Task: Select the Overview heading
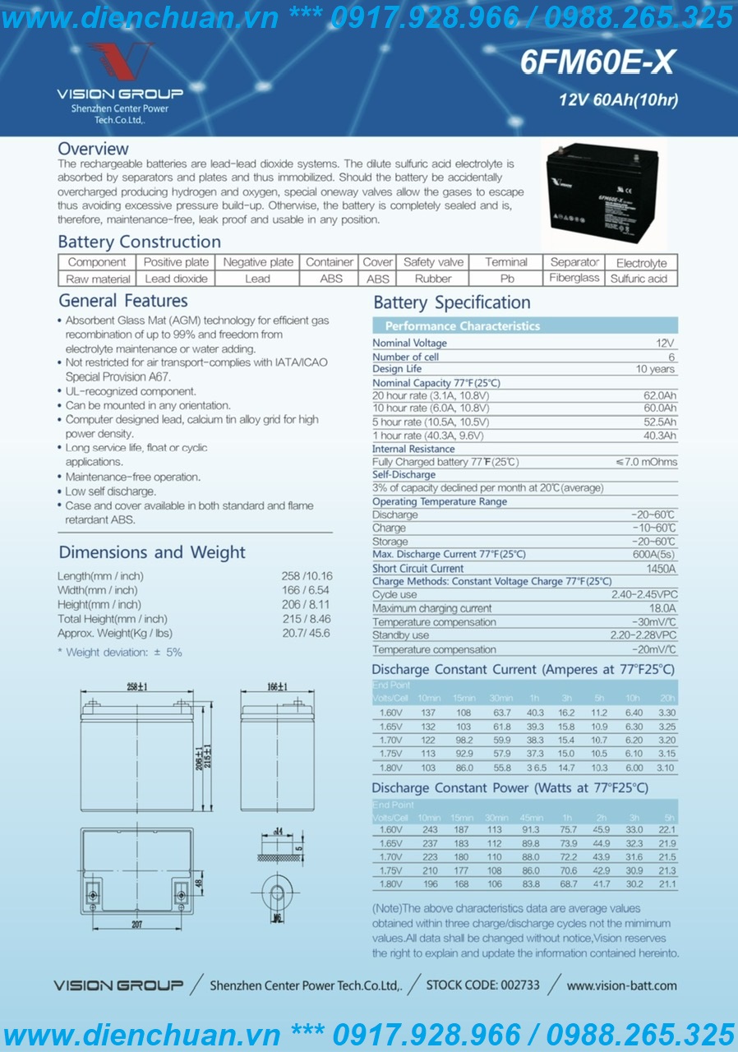pos(93,149)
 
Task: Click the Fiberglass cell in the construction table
pos(574,279)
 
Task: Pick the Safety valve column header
pos(433,262)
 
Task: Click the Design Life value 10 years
pos(656,370)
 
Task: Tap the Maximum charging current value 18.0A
pos(662,609)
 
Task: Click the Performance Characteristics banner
pos(463,326)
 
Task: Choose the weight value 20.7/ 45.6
pos(307,634)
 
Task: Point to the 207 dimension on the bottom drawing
pos(136,925)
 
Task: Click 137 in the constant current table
pos(428,713)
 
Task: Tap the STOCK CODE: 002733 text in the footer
pos(482,985)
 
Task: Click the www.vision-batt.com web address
pos(621,985)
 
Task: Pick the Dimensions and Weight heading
pos(152,552)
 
